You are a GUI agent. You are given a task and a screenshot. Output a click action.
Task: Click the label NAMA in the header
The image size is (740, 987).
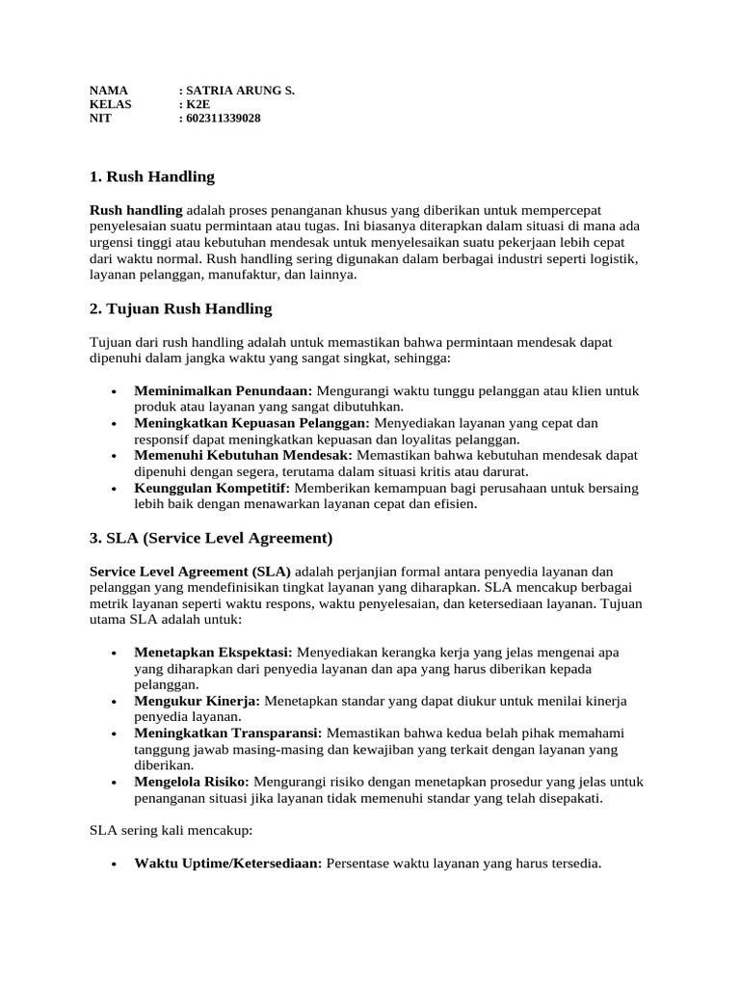click(108, 91)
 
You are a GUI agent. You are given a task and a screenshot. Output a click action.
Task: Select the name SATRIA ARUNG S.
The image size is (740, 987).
click(240, 91)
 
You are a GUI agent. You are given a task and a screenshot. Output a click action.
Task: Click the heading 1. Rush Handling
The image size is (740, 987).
click(151, 177)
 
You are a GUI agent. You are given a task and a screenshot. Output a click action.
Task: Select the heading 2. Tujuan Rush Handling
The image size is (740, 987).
click(180, 309)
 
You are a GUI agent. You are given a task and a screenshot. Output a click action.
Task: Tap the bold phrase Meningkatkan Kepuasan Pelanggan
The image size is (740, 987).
click(251, 423)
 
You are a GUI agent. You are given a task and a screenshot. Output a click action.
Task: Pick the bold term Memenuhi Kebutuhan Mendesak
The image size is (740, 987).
click(244, 455)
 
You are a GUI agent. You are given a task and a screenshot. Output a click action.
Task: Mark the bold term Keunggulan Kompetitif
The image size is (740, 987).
click(212, 488)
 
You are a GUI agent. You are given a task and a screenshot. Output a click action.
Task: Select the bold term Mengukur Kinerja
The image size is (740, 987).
click(198, 701)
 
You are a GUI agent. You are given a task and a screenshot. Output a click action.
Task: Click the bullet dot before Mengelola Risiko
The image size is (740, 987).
click(116, 783)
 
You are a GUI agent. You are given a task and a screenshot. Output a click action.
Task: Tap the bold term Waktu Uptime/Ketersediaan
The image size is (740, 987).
click(227, 864)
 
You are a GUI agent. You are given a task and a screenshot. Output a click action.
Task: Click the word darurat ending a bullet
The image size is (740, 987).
click(505, 471)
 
